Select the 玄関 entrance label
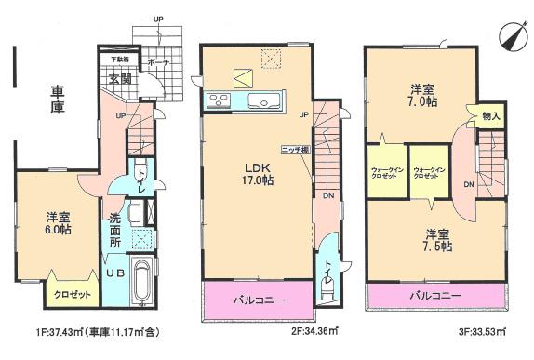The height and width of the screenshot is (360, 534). tap(118, 80)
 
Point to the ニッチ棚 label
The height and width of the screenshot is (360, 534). tap(295, 149)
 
